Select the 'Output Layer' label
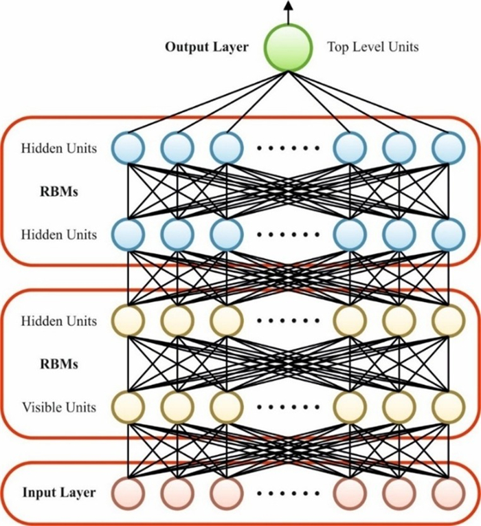[206, 47]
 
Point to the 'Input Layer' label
[58, 492]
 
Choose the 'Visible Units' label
[58, 407]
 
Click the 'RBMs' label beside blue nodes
[58, 192]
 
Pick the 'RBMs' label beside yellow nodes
[58, 363]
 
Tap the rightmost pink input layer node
[448, 492]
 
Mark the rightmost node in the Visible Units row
[448, 406]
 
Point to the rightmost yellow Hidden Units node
[448, 320]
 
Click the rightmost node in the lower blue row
[448, 234]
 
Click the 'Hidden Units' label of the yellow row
[58, 321]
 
